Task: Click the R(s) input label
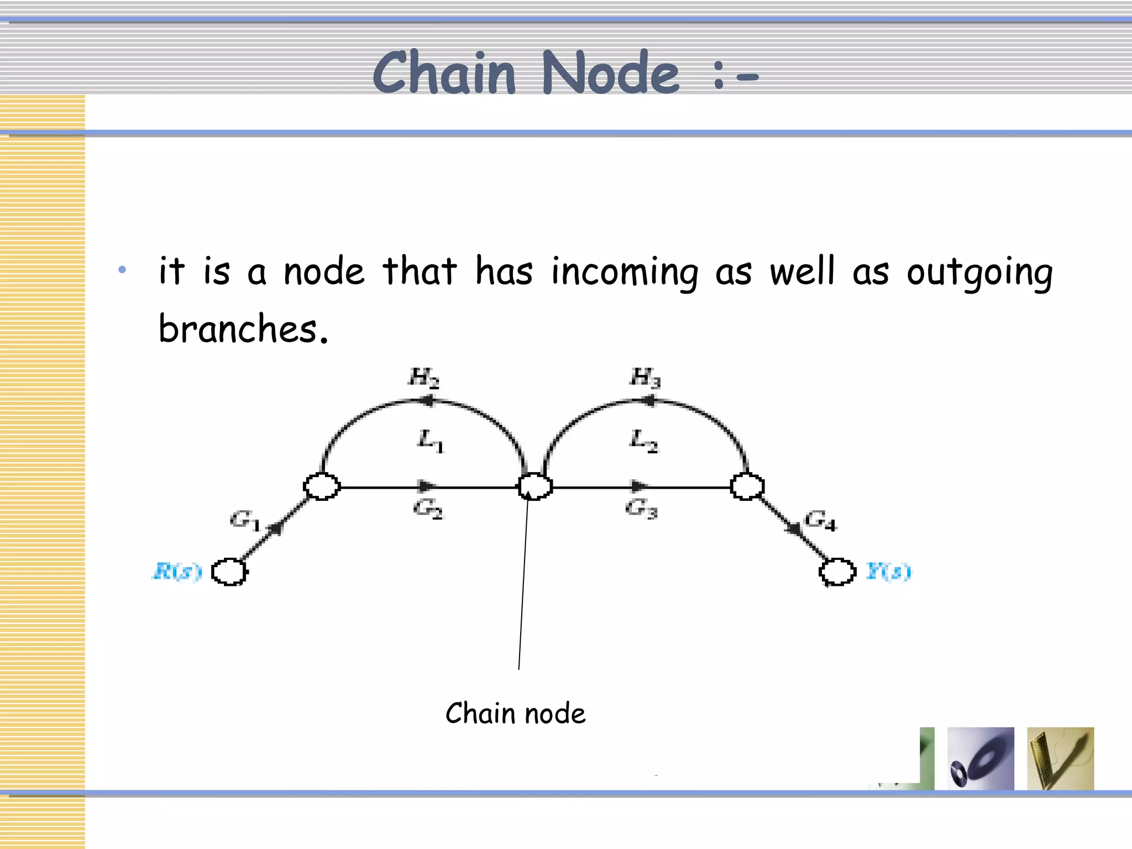tap(177, 572)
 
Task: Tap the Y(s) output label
tap(888, 572)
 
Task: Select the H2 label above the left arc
tap(424, 378)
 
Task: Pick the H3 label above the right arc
tap(645, 378)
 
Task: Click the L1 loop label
tap(431, 441)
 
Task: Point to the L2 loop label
tap(644, 441)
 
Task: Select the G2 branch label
tap(428, 508)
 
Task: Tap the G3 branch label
tap(641, 508)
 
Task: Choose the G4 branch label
tap(820, 520)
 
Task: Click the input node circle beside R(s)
tap(229, 572)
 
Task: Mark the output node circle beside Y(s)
tap(837, 572)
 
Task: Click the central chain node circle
tap(535, 486)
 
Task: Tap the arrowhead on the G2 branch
tap(427, 486)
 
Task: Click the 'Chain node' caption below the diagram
tap(515, 714)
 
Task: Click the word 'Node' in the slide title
tap(610, 73)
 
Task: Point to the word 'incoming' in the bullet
tap(625, 272)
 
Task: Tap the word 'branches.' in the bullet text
tap(243, 329)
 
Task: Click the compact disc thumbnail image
tap(981, 758)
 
